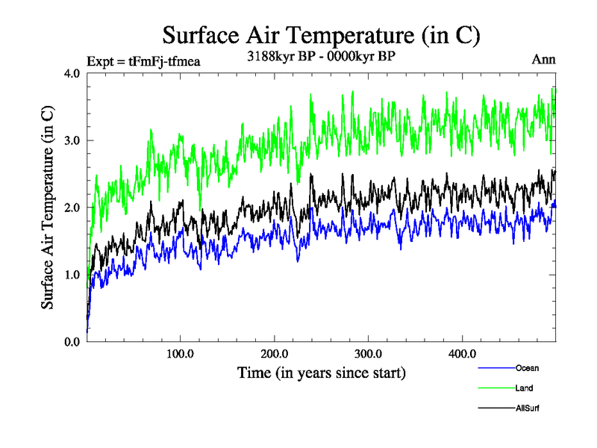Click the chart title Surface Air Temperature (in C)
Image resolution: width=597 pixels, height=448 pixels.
click(321, 36)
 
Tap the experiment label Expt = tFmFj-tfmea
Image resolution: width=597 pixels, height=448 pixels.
click(143, 61)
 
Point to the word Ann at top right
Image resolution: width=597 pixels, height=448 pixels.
click(543, 60)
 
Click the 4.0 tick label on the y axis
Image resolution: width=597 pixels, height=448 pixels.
click(72, 73)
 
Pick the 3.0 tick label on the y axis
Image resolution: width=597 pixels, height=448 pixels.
click(72, 140)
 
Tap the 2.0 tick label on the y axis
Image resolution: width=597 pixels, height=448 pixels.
click(72, 208)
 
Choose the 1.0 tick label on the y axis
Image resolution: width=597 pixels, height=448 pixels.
click(72, 275)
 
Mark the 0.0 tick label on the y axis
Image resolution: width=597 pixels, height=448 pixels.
click(72, 342)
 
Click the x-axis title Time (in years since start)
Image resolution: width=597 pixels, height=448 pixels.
click(322, 372)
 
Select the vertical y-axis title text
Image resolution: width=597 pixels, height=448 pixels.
click(47, 208)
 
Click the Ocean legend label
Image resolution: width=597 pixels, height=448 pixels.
click(526, 368)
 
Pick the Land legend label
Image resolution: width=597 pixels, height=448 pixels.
click(524, 388)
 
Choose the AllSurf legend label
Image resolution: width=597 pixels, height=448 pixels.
click(528, 408)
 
